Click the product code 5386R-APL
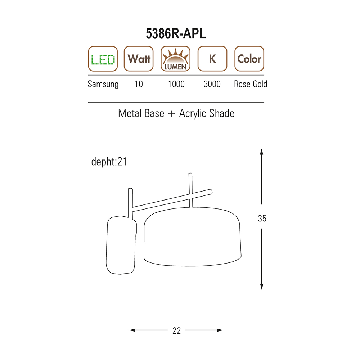[x=176, y=34]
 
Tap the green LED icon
[x=103, y=59]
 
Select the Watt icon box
[x=139, y=59]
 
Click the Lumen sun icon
[x=175, y=59]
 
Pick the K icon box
[x=212, y=59]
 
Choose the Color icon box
[x=249, y=59]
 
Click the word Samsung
[x=103, y=84]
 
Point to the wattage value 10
[x=139, y=84]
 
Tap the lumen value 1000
[x=176, y=84]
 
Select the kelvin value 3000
[x=212, y=84]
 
